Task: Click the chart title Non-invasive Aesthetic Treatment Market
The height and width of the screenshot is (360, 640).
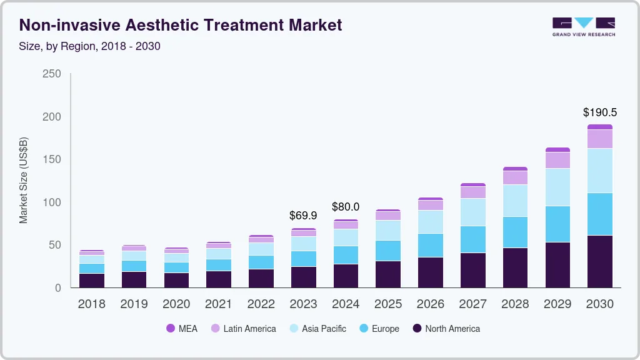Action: pos(181,25)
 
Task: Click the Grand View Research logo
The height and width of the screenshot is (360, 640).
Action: pos(583,26)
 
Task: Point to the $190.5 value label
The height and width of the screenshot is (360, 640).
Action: pos(599,112)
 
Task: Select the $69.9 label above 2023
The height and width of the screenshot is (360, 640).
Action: pos(303,216)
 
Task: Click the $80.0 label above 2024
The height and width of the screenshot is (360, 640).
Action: pos(346,207)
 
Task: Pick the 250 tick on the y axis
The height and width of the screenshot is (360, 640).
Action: pos(51,74)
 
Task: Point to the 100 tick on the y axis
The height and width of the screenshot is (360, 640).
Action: pos(51,202)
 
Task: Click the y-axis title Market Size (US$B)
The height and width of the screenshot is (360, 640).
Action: pos(24,180)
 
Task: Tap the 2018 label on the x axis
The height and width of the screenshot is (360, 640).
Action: pos(92,304)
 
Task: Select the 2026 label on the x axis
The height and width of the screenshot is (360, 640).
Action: pos(431,304)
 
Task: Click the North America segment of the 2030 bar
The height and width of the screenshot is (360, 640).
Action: pos(600,261)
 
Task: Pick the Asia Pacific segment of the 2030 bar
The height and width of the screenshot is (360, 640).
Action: pos(600,171)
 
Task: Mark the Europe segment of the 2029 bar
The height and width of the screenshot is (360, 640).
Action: pos(557,224)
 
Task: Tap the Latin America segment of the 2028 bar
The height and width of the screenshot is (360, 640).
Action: pos(515,177)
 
